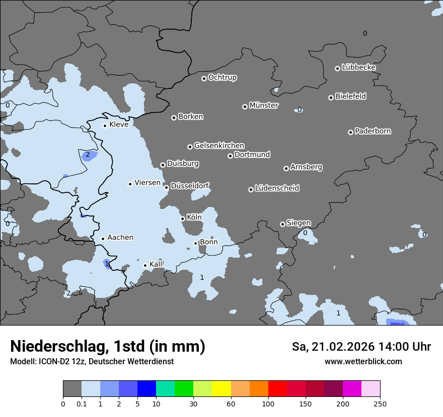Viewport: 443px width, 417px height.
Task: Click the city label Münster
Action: [x=263, y=106]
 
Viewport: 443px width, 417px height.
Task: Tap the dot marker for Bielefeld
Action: [x=331, y=97]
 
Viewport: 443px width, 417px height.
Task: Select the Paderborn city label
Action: [x=373, y=131]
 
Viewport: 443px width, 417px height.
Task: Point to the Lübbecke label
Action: [x=358, y=67]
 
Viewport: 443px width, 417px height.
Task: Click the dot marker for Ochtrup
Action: [x=204, y=78]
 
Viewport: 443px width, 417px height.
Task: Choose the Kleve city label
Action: [x=119, y=125]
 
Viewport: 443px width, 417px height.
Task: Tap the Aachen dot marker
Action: [x=103, y=239]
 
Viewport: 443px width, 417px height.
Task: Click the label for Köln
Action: [x=194, y=218]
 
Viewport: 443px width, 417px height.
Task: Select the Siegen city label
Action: [x=299, y=223]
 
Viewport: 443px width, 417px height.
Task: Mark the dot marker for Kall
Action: [x=145, y=265]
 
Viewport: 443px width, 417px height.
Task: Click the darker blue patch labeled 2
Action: [x=88, y=155]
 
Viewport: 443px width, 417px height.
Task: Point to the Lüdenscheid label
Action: [x=277, y=188]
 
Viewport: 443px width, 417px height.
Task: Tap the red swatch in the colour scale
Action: [x=277, y=389]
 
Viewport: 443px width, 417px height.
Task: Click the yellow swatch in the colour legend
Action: [x=221, y=389]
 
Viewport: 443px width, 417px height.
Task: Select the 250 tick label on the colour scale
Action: [x=380, y=404]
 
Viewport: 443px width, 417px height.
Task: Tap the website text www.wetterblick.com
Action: [x=363, y=362]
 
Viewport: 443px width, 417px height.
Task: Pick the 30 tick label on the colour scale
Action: [x=193, y=404]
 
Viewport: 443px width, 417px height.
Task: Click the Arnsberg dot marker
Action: [x=286, y=168]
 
